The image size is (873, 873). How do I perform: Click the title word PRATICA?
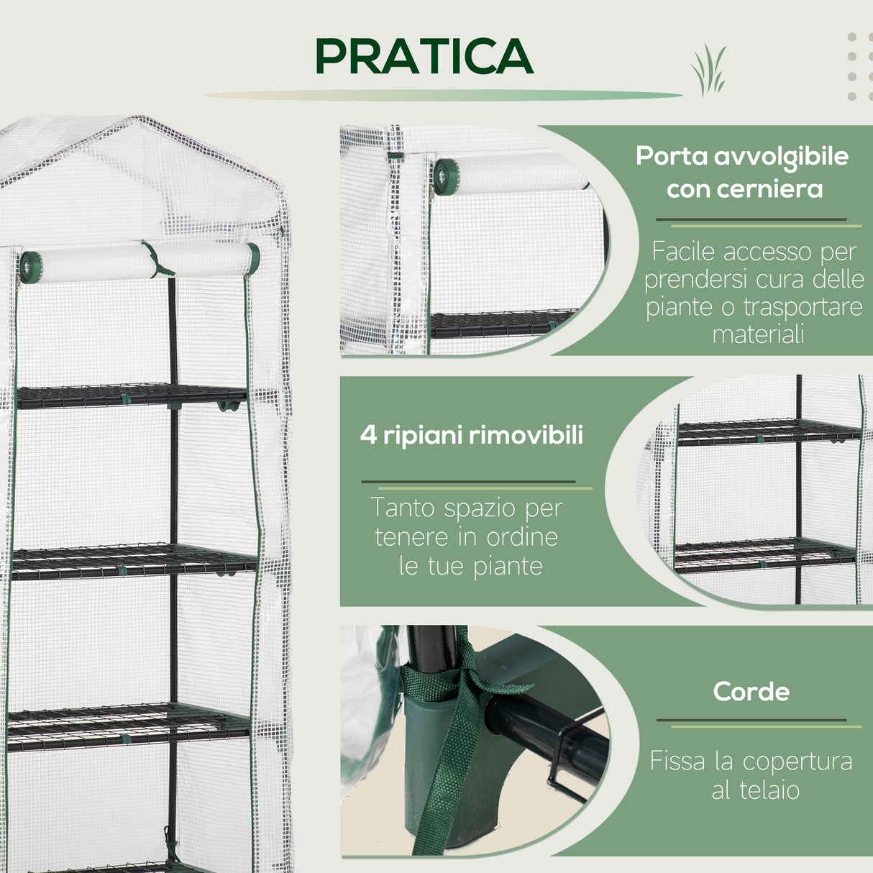tap(424, 56)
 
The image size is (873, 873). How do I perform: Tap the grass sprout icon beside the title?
tap(708, 70)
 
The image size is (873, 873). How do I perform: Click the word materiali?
tap(758, 334)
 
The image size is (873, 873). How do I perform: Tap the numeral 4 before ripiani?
tap(368, 435)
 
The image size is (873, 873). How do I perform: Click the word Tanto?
tap(403, 508)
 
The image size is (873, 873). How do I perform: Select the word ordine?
tap(522, 537)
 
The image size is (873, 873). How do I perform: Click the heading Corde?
tap(751, 692)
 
